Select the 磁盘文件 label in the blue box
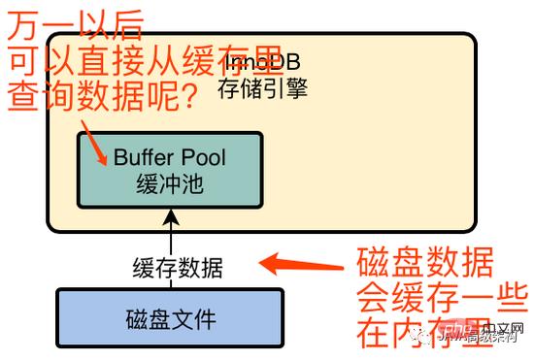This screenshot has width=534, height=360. point(170,317)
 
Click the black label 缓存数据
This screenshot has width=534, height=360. point(178,267)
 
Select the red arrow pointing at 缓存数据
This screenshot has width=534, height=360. point(295,262)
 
